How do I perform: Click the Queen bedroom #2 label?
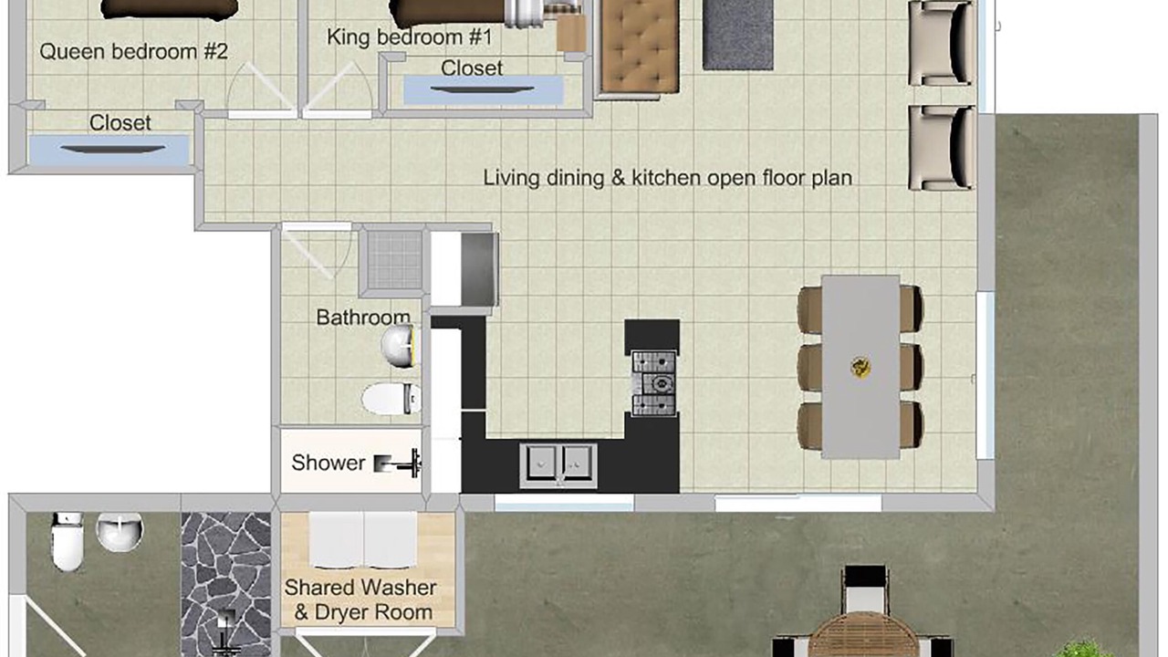click(133, 52)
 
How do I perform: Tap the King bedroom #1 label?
click(410, 37)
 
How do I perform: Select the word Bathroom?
click(363, 317)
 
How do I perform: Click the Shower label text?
click(328, 463)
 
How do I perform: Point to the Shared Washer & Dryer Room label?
click(360, 600)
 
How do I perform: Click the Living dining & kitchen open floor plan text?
click(667, 178)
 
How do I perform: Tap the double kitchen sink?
click(558, 465)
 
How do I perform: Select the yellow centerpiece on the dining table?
click(860, 367)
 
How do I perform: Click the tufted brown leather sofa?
click(640, 47)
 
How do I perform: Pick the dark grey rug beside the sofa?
click(738, 35)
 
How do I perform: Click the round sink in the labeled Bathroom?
click(400, 345)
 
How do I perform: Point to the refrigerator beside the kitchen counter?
click(479, 269)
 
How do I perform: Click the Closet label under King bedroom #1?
click(472, 68)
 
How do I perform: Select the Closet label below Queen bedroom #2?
click(120, 123)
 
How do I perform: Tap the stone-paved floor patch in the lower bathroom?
click(225, 584)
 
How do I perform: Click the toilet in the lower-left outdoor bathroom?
click(68, 541)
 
